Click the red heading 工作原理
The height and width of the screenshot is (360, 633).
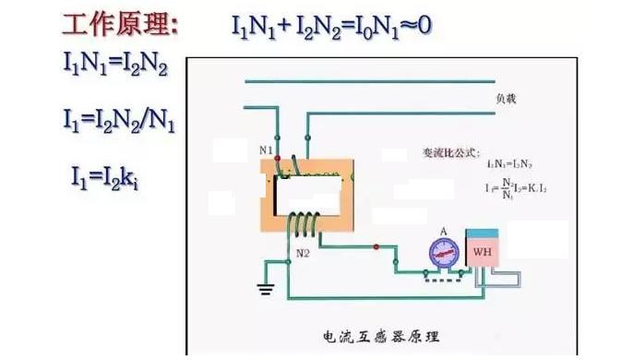pos(120,25)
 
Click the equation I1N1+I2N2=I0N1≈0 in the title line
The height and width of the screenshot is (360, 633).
pos(330,26)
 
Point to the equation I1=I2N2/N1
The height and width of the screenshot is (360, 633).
pos(119,119)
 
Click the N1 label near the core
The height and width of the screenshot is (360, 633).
pos(266,149)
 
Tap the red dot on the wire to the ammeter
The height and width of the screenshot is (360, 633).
pos(376,246)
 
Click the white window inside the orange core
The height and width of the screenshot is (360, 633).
pos(309,194)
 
